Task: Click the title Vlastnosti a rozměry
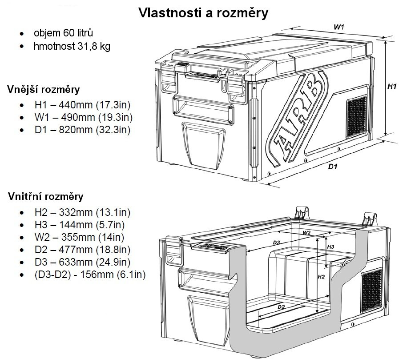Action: click(203, 13)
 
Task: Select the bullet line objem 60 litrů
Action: click(63, 33)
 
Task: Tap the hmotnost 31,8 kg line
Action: click(72, 47)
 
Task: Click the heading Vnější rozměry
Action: click(43, 90)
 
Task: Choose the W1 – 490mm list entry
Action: click(83, 118)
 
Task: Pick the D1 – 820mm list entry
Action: click(82, 131)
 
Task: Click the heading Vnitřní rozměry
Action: click(45, 196)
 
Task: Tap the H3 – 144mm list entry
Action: click(79, 225)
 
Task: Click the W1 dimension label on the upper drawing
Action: click(339, 27)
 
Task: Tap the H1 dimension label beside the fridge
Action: click(391, 87)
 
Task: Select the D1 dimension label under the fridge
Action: click(333, 167)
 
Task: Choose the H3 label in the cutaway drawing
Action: click(330, 247)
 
